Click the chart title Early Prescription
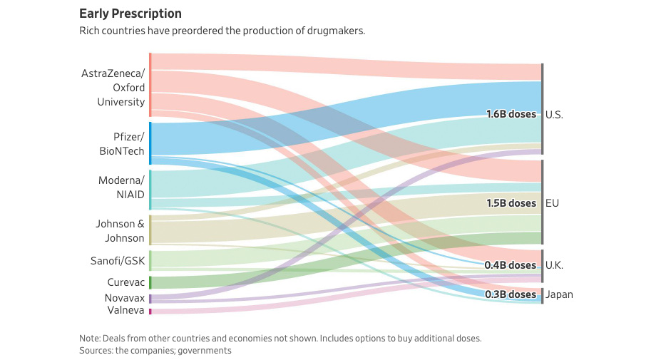pos(130,14)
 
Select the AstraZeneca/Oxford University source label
pos(113,87)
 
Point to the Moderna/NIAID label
pos(121,187)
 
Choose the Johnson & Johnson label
pos(120,231)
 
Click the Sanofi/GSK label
pos(118,261)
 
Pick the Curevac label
pos(125,282)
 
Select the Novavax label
pos(125,298)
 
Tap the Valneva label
pos(125,311)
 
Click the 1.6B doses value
pos(511,114)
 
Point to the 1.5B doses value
pos(511,203)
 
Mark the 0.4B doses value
pos(511,265)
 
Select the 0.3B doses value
pos(511,294)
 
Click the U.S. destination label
pos(554,114)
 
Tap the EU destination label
pos(552,203)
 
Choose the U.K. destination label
pos(554,265)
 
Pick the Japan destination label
pos(559,294)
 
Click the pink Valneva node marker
pos(150,312)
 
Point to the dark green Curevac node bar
pos(150,282)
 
